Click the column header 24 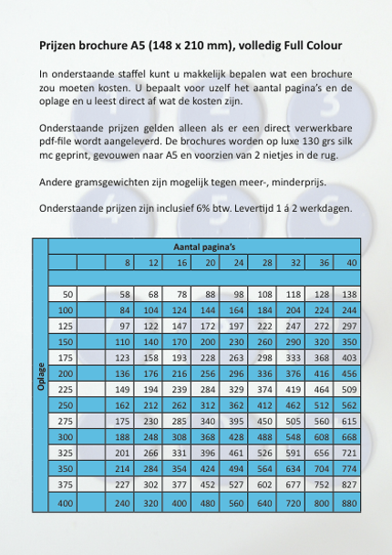point(239,263)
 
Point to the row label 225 point(65,389)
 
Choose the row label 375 point(65,484)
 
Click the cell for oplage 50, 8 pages point(125,294)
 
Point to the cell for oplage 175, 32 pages point(293,357)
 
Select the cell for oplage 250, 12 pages point(152,405)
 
